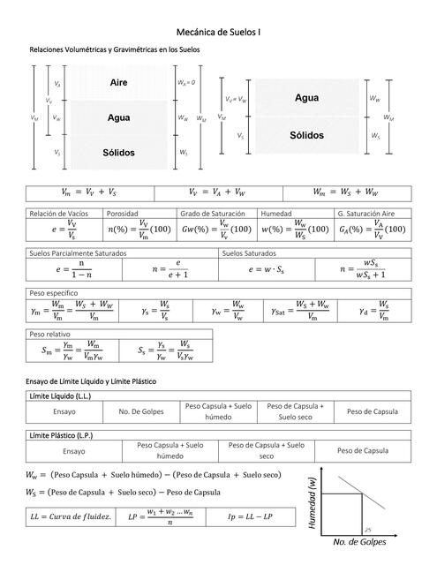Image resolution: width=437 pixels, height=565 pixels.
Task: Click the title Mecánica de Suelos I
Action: click(218, 31)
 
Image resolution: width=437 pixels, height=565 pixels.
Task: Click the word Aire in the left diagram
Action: click(120, 82)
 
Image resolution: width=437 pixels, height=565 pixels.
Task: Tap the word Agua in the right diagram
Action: click(306, 98)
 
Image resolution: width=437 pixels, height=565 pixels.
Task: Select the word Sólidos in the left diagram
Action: click(118, 153)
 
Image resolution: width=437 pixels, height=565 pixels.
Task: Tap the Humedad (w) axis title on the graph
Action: click(313, 503)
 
